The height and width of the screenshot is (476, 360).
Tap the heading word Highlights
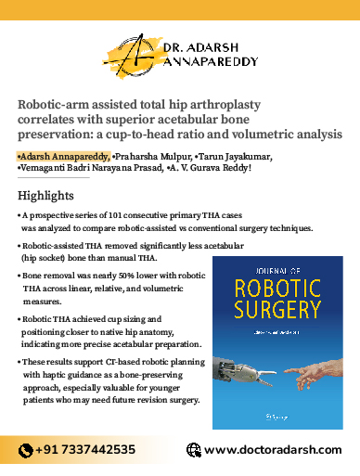pos(45,197)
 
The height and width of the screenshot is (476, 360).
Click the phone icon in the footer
pos(25,449)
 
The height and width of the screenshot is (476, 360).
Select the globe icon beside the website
pos(192,449)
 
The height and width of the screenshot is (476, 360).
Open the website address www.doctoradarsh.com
pos(272,449)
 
